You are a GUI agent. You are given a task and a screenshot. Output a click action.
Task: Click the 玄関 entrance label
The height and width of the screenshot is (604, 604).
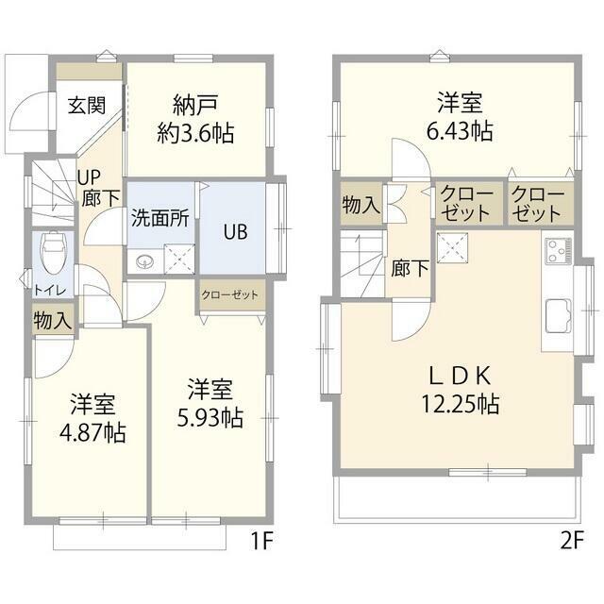point(86,105)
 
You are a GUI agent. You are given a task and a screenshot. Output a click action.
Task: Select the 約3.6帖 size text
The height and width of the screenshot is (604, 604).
point(196,132)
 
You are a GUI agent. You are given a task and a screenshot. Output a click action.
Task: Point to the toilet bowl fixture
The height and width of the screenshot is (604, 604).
point(54,250)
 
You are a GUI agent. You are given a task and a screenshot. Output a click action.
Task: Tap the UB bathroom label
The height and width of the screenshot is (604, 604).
point(235,231)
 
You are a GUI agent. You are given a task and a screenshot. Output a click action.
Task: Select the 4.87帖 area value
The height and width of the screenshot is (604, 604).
point(92,434)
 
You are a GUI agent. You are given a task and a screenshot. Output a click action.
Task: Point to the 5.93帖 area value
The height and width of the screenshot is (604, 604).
point(210,417)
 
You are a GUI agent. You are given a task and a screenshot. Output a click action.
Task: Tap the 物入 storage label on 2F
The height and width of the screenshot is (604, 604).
point(361,205)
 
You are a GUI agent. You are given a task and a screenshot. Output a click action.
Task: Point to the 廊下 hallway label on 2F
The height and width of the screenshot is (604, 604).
point(411,268)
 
